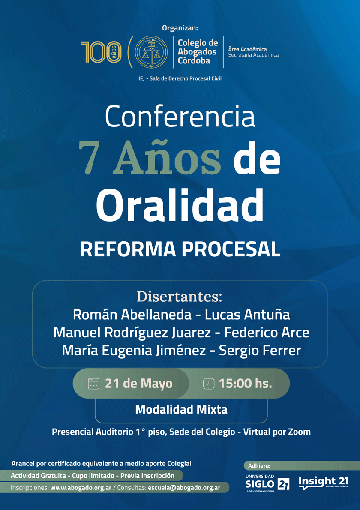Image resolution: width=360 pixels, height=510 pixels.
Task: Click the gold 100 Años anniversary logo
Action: tap(101, 52)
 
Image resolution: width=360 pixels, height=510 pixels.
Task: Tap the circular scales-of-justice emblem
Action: tap(151, 52)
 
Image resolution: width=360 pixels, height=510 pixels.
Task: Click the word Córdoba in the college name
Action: tap(194, 61)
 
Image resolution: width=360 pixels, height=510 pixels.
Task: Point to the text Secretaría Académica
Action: tap(253, 55)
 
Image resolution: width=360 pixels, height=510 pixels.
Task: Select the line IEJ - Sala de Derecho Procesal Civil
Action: tap(180, 78)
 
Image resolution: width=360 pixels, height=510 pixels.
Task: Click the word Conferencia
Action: tap(180, 117)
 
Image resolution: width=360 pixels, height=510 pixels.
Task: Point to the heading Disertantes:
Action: tap(180, 297)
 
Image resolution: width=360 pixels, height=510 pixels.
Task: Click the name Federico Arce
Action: tap(267, 333)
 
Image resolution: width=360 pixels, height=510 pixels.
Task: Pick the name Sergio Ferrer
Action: tap(260, 350)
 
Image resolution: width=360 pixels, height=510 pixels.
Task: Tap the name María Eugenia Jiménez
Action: tap(134, 351)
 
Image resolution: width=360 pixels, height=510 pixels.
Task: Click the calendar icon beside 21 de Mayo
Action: tap(94, 384)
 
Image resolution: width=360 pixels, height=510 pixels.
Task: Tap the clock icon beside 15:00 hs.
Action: tap(209, 384)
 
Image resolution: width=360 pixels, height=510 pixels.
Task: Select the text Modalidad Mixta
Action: tap(181, 409)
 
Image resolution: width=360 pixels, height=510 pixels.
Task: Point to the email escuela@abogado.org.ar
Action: tap(184, 488)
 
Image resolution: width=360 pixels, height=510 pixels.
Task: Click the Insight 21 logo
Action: tap(324, 483)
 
